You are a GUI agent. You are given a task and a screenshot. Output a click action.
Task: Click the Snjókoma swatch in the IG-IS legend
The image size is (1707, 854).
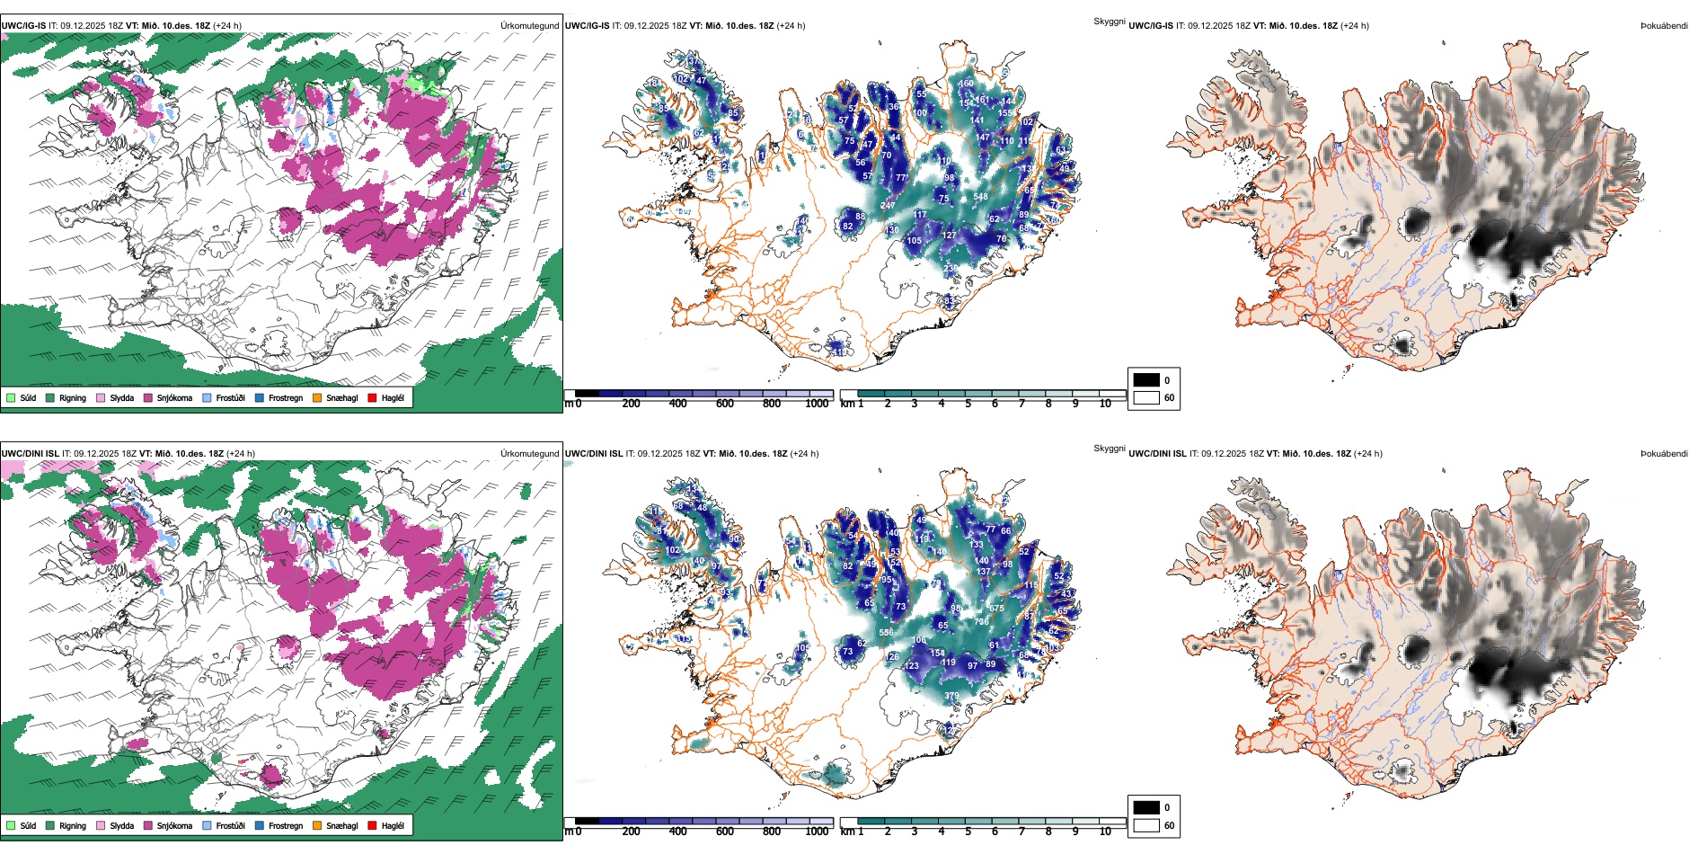[x=148, y=397]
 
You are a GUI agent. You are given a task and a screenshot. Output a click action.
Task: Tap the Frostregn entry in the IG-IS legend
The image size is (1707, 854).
[x=260, y=397]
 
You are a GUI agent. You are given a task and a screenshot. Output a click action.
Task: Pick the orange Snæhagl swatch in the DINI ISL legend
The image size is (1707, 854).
[x=317, y=825]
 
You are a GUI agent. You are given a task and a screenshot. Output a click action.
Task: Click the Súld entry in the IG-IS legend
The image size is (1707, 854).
[x=11, y=397]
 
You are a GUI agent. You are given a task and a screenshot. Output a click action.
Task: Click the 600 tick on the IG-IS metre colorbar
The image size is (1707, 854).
[x=725, y=404]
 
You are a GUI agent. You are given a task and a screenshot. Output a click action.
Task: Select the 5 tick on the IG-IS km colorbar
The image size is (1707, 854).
[x=968, y=404]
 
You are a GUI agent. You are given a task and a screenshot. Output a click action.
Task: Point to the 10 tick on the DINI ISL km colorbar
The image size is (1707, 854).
[x=1105, y=832]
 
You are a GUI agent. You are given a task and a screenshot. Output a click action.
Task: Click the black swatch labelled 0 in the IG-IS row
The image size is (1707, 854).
[x=1146, y=380]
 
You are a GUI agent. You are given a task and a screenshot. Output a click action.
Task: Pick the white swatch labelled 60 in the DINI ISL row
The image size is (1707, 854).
[x=1146, y=825]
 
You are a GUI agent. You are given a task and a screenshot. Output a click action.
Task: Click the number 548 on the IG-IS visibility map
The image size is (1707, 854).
[x=980, y=197]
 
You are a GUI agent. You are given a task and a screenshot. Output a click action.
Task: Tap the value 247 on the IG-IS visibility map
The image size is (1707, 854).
[x=888, y=206]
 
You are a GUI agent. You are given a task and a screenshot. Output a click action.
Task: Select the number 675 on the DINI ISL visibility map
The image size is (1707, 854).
[x=996, y=609]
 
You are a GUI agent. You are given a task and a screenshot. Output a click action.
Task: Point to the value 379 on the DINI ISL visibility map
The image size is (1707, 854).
[x=951, y=696]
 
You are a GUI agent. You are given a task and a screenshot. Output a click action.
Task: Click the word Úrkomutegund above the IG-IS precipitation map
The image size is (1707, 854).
[x=529, y=26]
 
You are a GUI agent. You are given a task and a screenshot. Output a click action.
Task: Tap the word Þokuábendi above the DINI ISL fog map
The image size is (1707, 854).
[x=1664, y=454]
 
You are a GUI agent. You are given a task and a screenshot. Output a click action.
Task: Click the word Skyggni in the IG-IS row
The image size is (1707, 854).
[x=1109, y=21]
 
